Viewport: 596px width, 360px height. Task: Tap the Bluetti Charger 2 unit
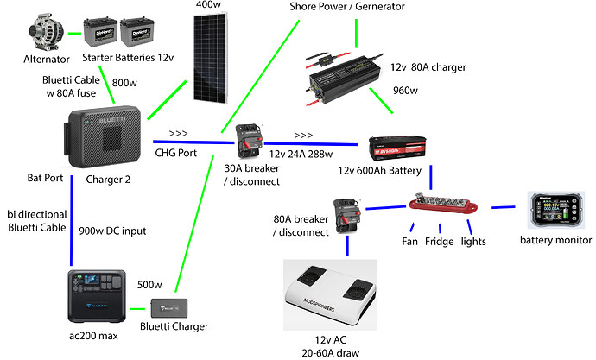pyautogui.click(x=103, y=139)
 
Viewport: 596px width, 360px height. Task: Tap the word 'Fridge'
pyautogui.click(x=439, y=243)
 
